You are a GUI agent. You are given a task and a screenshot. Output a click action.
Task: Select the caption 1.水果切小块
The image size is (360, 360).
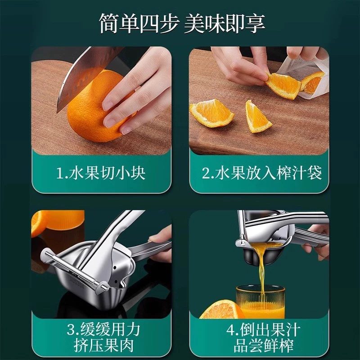tap(101, 173)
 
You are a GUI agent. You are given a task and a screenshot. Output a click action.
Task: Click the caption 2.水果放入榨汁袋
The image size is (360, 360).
tap(261, 173)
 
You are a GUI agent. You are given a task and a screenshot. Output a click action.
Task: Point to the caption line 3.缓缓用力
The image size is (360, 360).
tap(103, 329)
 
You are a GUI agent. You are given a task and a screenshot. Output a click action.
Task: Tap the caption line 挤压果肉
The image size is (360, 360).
tap(103, 345)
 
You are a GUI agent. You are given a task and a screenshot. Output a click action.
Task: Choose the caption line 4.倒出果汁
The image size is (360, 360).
tap(263, 329)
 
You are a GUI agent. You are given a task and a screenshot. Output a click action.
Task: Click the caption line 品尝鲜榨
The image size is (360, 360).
tap(263, 345)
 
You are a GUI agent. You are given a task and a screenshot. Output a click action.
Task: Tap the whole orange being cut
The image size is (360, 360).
tap(96, 106)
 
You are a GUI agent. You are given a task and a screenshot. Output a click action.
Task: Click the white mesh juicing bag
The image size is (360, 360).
tap(306, 78)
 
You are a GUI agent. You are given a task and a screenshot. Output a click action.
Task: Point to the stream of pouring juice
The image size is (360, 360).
tap(262, 269)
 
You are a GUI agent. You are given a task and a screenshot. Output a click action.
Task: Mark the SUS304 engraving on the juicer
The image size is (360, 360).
tap(77, 283)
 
